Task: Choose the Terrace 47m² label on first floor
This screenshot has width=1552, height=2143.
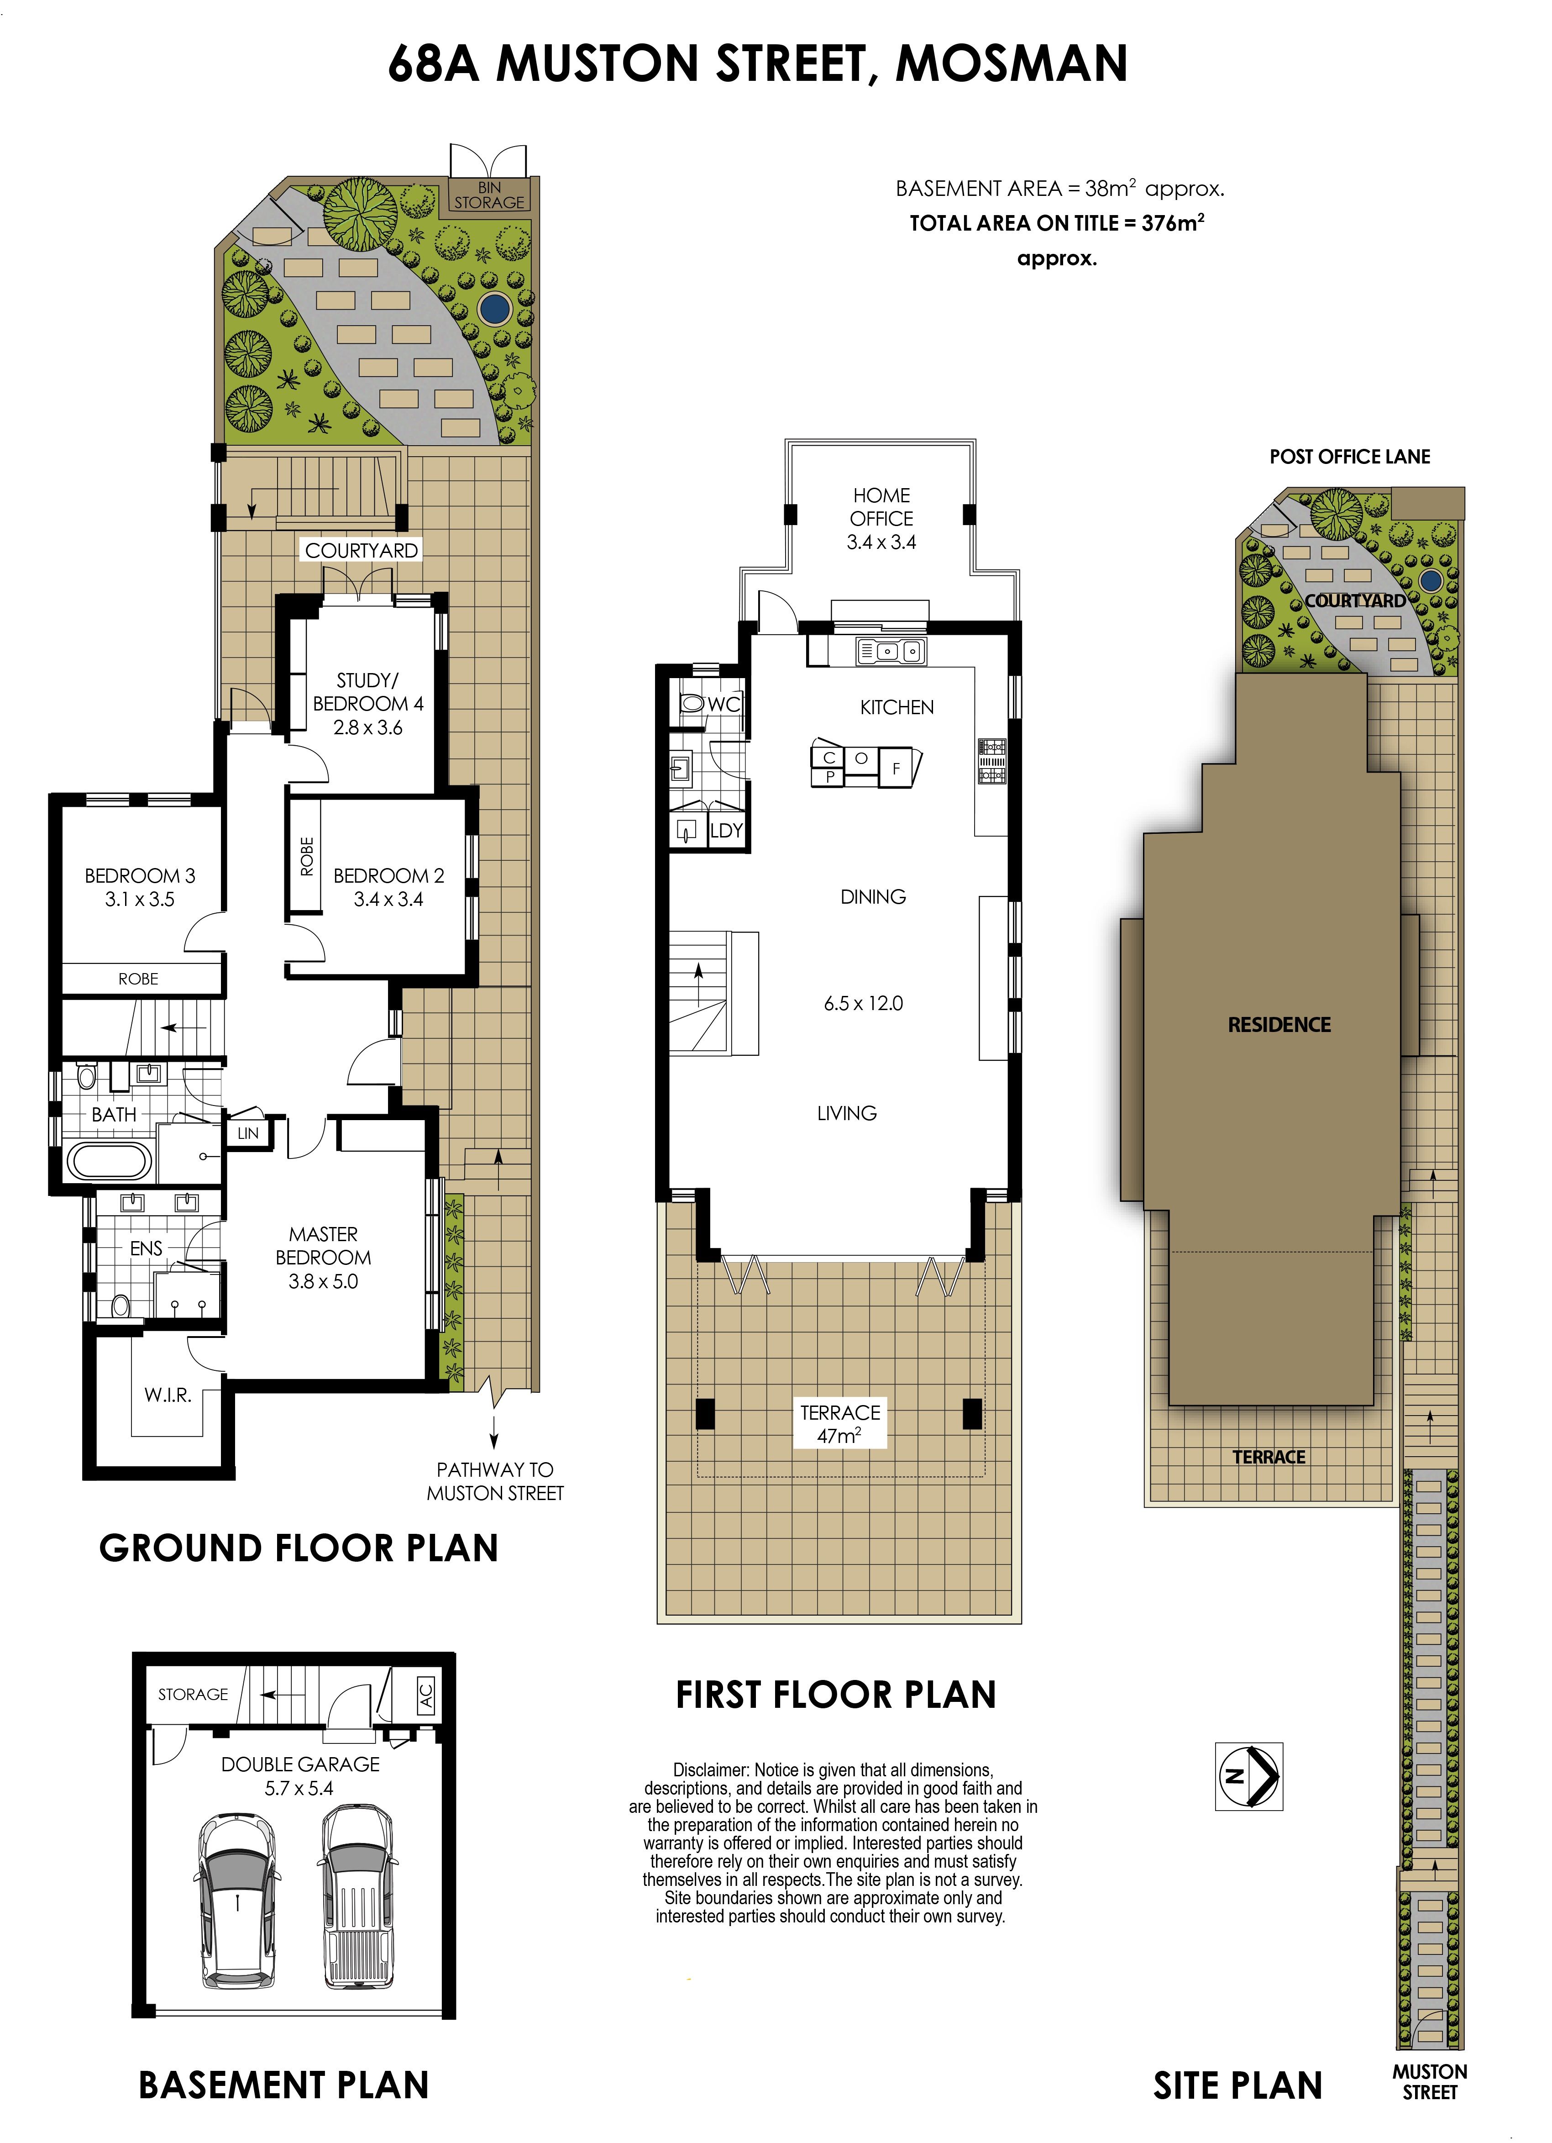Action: click(x=840, y=1423)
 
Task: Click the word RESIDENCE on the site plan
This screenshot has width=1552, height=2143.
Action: click(x=1279, y=1024)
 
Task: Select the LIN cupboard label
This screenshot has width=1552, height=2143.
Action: click(x=247, y=1133)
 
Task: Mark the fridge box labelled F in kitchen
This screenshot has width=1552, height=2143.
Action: click(x=897, y=768)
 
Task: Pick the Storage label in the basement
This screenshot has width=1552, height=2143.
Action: click(x=193, y=1694)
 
